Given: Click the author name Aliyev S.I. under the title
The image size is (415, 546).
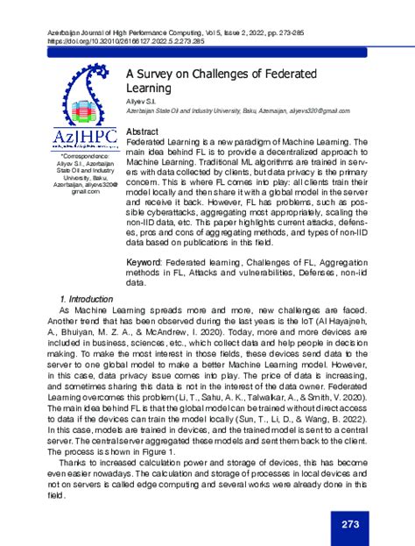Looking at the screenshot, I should coord(141,103).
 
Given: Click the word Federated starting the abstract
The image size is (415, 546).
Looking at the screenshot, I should coord(148,141).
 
